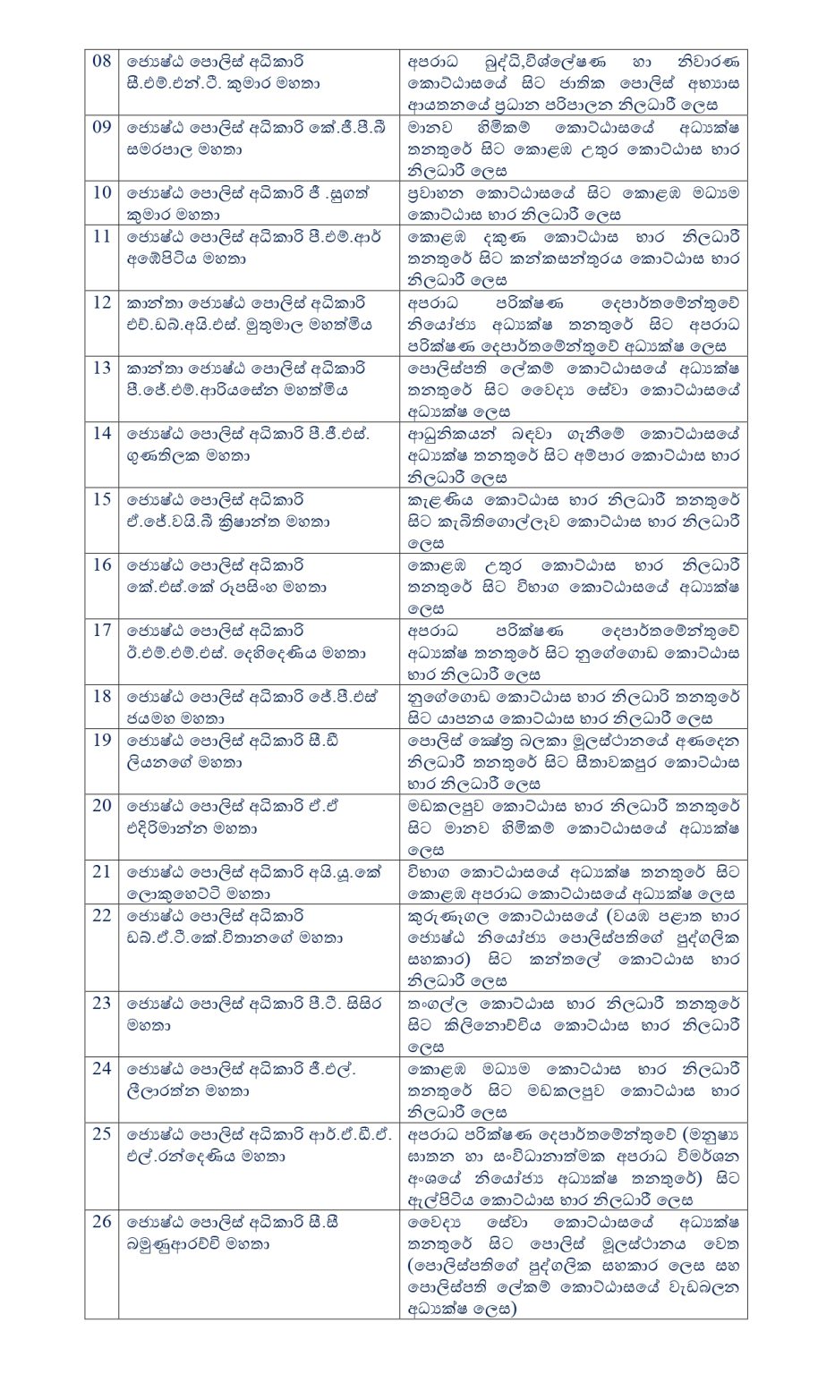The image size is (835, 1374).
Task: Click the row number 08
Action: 102,62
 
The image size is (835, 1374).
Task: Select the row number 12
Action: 102,302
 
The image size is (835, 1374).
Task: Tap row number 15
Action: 102,499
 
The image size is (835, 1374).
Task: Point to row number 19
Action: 102,740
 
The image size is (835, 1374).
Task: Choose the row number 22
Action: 102,915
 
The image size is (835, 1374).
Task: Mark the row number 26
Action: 102,1222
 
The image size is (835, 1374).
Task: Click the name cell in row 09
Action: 258,139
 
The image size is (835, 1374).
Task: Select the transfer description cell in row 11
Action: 574,259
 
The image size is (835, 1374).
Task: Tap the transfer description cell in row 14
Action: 574,455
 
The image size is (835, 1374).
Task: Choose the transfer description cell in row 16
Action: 574,587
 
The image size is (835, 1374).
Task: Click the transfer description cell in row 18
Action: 574,707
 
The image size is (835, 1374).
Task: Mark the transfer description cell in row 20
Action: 574,827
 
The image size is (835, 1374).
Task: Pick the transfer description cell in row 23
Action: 574,1025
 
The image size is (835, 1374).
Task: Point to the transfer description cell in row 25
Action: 574,1166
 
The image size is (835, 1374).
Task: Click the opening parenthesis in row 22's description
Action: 608,916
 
